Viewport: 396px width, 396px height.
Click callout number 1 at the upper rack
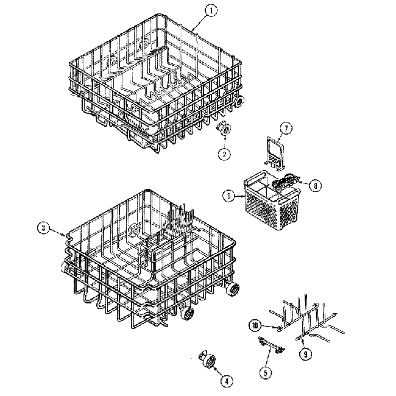pos(211,10)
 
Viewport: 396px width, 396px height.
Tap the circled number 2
pos(225,154)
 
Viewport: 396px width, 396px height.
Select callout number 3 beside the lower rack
pos(42,228)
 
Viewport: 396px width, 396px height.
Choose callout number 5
pos(266,371)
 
